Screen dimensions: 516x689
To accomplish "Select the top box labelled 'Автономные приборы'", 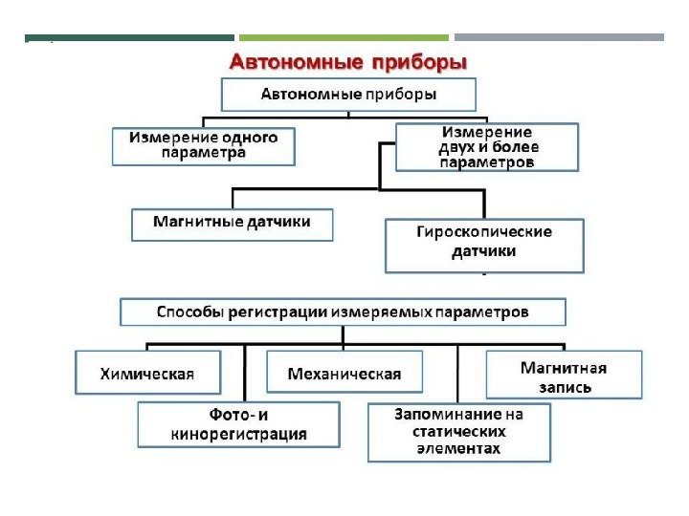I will pyautogui.click(x=348, y=95).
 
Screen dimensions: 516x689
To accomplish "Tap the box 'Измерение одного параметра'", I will pyautogui.click(x=203, y=145).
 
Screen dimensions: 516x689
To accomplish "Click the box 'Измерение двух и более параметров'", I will pyautogui.click(x=487, y=146).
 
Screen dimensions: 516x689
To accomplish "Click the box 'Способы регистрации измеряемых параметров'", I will pyautogui.click(x=343, y=312).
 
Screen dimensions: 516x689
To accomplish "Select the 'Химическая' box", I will pyautogui.click(x=147, y=374).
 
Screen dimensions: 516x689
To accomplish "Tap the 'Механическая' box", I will pyautogui.click(x=344, y=374).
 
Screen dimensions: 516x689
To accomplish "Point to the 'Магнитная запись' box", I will pyautogui.click(x=564, y=376).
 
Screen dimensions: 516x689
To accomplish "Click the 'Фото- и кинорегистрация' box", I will pyautogui.click(x=238, y=425).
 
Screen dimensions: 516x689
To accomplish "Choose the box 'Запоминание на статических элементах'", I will pyautogui.click(x=459, y=432).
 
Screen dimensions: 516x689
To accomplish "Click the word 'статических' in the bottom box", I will pyautogui.click(x=459, y=432).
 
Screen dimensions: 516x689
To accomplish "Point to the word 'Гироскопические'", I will pyautogui.click(x=483, y=232).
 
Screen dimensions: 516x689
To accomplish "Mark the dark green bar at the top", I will pyautogui.click(x=129, y=38).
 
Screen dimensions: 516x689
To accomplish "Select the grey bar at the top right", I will pyautogui.click(x=559, y=38).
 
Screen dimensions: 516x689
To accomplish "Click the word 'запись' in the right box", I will pyautogui.click(x=564, y=387).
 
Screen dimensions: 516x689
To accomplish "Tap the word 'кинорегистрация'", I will pyautogui.click(x=238, y=435).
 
